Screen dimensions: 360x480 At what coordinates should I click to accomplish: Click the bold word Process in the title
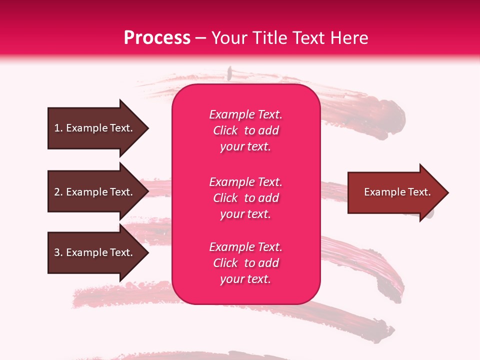point(157,38)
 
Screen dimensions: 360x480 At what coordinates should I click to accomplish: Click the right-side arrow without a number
point(395,192)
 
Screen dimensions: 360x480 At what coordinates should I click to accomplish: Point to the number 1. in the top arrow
point(58,128)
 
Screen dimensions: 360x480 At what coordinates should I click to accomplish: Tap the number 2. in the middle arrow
point(58,192)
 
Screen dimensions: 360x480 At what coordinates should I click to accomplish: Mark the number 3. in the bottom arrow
point(58,252)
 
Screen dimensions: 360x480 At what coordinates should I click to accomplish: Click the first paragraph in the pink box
point(245,130)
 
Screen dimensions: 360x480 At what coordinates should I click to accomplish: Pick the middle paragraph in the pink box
point(245,198)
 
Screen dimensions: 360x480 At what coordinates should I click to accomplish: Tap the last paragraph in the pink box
point(245,263)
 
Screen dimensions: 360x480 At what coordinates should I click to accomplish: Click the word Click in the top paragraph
point(225,130)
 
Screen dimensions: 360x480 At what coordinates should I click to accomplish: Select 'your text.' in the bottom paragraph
point(245,279)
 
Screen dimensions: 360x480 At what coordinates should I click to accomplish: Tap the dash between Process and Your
point(201,38)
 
